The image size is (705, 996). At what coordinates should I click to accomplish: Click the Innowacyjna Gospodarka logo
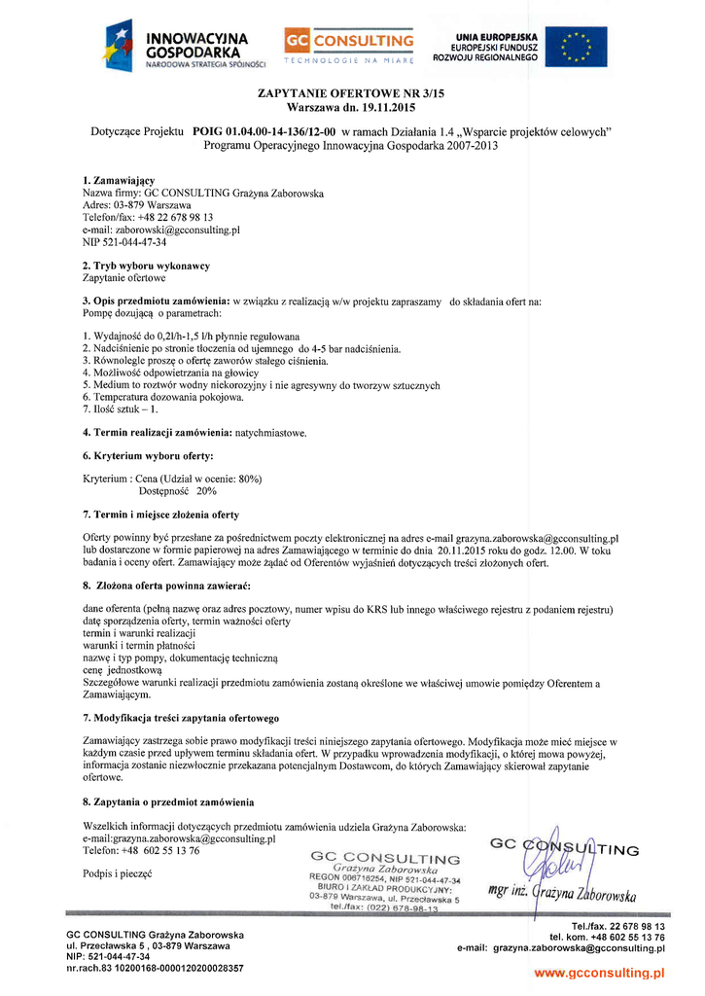click(185, 47)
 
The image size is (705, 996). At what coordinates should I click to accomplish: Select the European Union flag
click(577, 47)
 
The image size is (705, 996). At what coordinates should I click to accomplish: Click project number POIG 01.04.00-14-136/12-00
click(264, 131)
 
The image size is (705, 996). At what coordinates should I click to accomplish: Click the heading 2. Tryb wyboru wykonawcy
click(146, 266)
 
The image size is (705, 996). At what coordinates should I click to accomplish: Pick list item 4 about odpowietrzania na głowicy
click(170, 373)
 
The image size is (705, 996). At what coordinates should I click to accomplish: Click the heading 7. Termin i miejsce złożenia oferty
click(160, 514)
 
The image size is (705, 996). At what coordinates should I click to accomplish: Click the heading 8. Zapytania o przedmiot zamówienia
click(168, 801)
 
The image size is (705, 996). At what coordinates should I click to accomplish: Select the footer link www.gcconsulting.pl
click(599, 973)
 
